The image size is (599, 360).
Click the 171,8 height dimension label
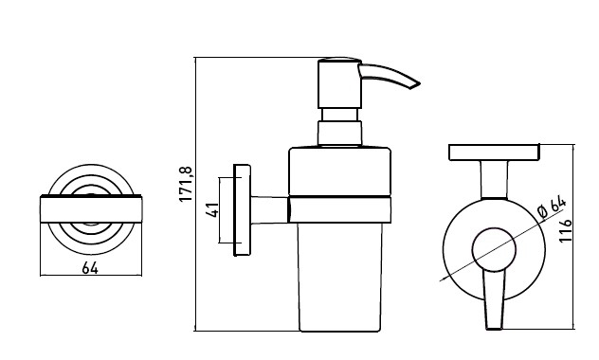click(x=186, y=185)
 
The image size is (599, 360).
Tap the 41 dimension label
click(x=212, y=210)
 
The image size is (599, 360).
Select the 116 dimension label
click(x=565, y=230)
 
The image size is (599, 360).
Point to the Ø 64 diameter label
click(x=552, y=207)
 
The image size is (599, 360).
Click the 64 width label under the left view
click(x=90, y=268)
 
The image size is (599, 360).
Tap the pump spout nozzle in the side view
click(x=389, y=76)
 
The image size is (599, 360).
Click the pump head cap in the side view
click(x=339, y=83)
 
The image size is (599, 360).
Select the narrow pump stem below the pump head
click(x=340, y=115)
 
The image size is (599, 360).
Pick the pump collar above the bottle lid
click(x=339, y=134)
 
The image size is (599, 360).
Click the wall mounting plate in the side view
click(x=242, y=210)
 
